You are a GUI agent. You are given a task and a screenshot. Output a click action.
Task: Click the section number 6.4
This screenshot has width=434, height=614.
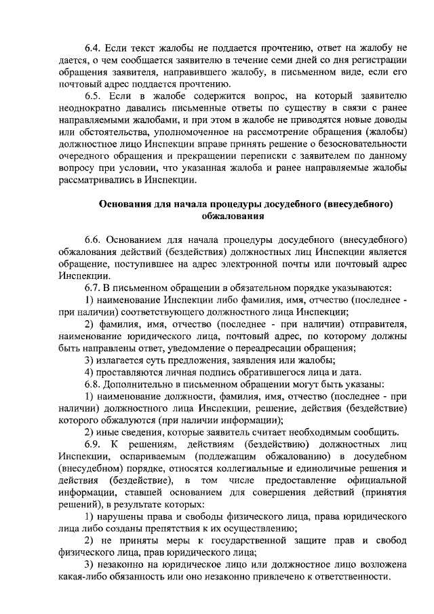pyautogui.click(x=92, y=47)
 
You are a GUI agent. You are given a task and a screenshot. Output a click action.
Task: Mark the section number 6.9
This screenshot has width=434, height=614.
pyautogui.click(x=92, y=445)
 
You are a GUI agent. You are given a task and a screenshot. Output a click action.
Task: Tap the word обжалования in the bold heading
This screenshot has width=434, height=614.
pyautogui.click(x=233, y=216)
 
